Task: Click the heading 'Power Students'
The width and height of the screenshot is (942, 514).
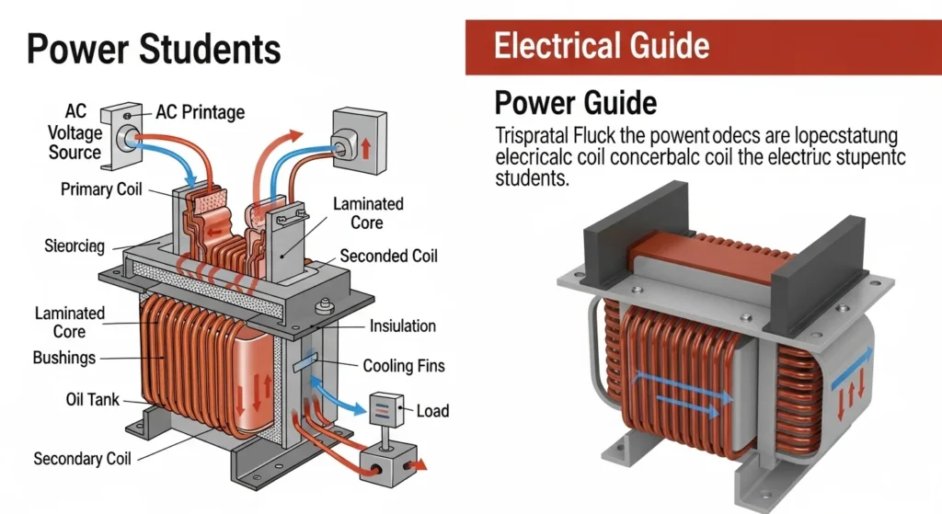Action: point(153,48)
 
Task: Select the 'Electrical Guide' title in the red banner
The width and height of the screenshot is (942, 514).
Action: point(602,45)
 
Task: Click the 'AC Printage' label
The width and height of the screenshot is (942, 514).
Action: point(200,112)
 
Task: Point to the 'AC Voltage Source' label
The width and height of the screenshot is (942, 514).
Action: point(75,131)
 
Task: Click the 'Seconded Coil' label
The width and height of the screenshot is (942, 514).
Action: point(387,257)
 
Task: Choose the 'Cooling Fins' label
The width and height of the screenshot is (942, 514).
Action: point(403,366)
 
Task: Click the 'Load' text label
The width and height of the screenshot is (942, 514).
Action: point(432,410)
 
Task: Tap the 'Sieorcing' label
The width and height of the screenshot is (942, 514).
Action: point(75,246)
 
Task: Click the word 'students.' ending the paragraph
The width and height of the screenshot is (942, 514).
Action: point(532,178)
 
